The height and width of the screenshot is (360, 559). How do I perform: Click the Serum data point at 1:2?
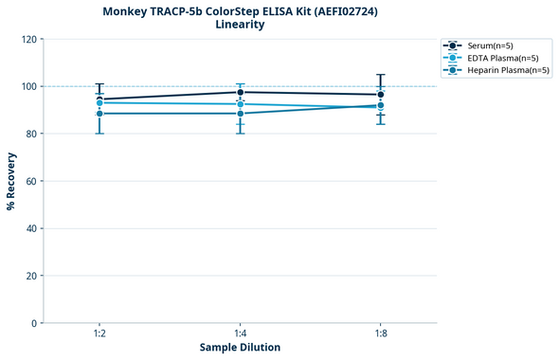tap(99, 99)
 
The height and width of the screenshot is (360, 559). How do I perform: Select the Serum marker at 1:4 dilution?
tap(241, 92)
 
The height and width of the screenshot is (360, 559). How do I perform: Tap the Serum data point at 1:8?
tap(381, 95)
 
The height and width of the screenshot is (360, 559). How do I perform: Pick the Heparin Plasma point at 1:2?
tap(99, 114)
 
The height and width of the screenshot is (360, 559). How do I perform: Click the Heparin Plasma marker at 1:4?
tap(241, 114)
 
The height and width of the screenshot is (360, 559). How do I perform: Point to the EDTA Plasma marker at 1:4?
tap(241, 104)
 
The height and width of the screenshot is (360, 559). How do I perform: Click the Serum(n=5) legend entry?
tap(490, 45)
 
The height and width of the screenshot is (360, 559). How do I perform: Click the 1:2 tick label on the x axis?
tap(99, 333)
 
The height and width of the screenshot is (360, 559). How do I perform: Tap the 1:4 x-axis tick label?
tap(241, 333)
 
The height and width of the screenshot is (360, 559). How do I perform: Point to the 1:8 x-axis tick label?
tap(381, 333)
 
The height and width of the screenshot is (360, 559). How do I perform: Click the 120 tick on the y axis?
tap(28, 39)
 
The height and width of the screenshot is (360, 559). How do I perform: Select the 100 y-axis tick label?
tap(28, 86)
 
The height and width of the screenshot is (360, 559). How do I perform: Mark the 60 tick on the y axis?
tap(31, 181)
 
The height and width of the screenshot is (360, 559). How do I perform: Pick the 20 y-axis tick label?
tap(31, 276)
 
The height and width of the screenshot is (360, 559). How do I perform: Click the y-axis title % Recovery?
tap(11, 180)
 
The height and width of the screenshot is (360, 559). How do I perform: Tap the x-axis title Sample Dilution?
tap(240, 348)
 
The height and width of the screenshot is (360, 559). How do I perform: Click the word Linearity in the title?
tap(241, 25)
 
